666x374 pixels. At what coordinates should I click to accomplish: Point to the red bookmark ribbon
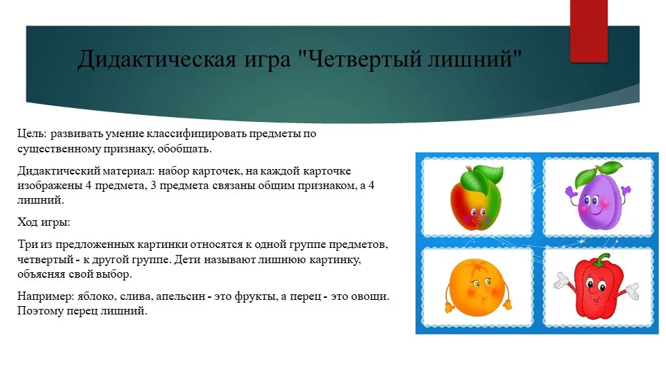click(x=588, y=31)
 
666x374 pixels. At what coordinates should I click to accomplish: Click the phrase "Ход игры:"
click(x=43, y=222)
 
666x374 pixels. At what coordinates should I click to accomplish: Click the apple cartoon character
click(x=476, y=197)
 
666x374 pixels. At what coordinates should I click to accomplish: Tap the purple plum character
click(x=598, y=196)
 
